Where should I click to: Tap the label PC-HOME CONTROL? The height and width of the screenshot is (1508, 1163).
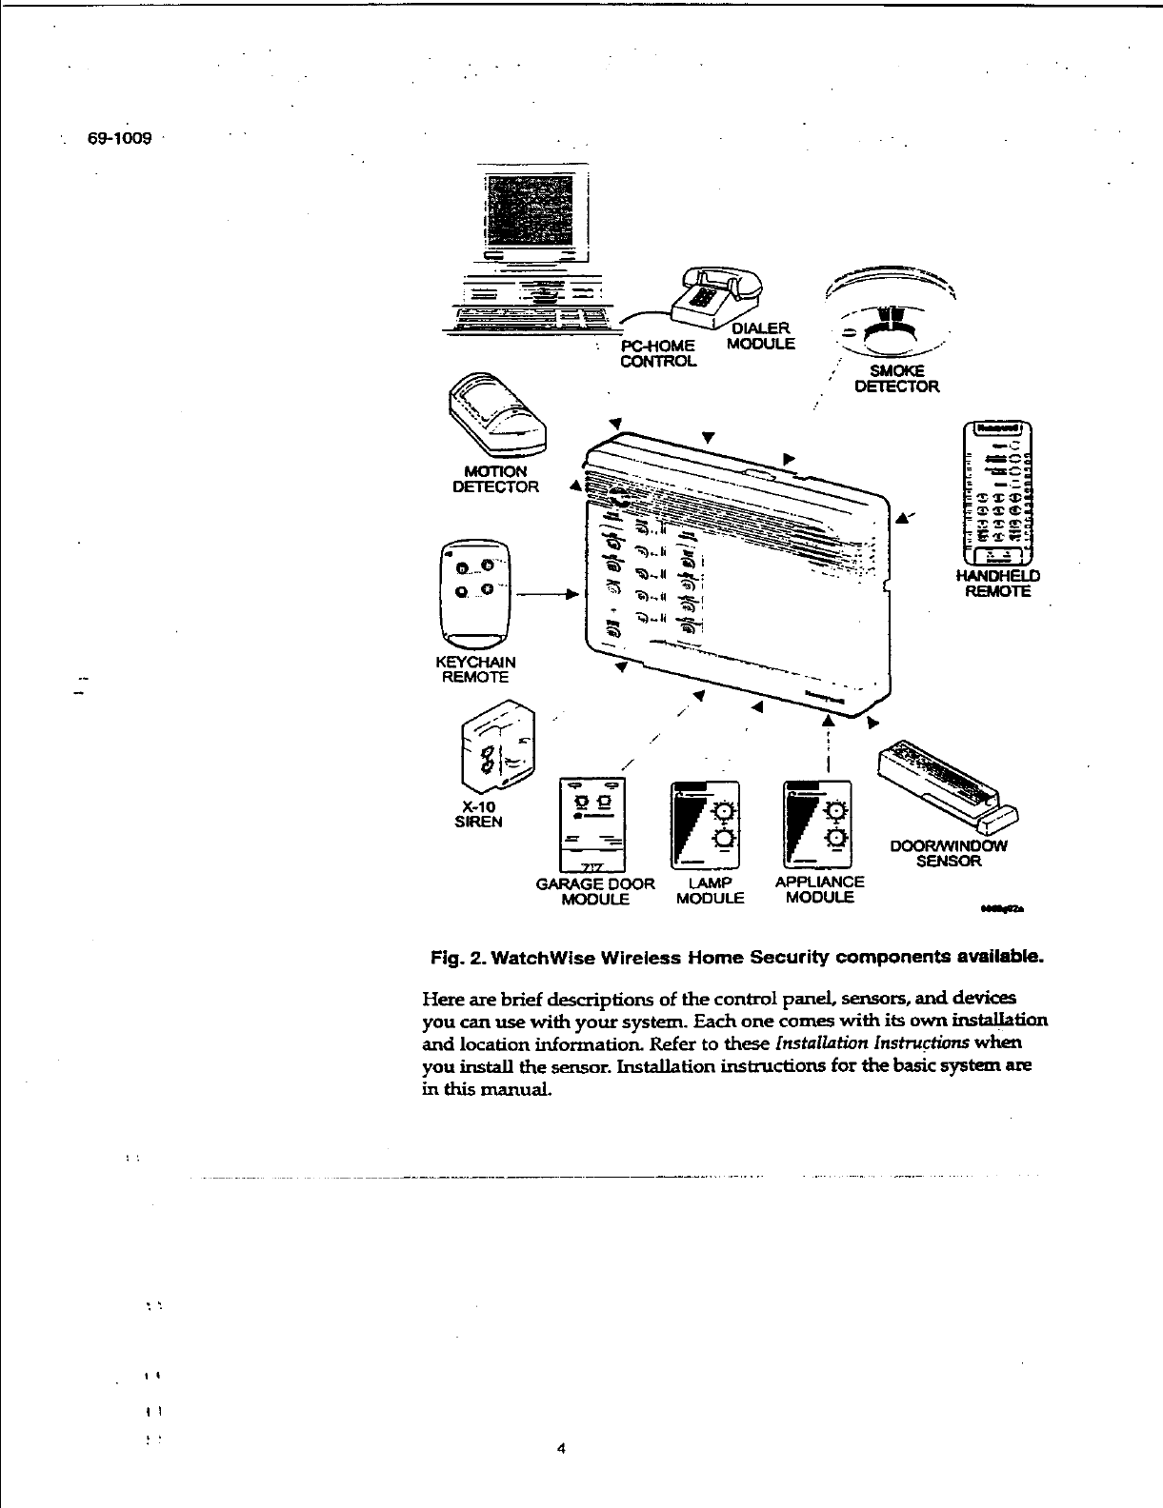(x=658, y=353)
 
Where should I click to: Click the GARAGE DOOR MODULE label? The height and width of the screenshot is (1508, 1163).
(x=596, y=891)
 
